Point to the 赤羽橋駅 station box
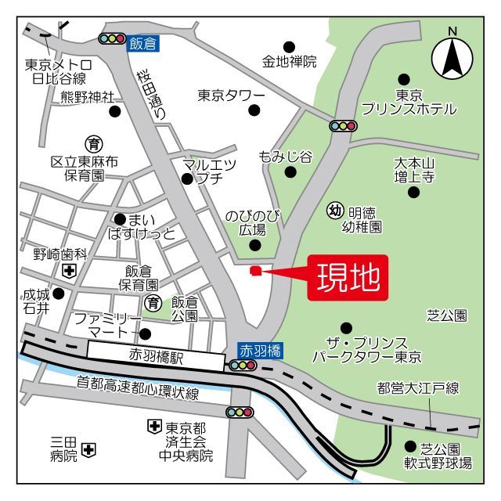(x=156, y=357)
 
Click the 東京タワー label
(x=231, y=96)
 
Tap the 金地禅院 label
(x=289, y=61)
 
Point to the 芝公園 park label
(x=446, y=315)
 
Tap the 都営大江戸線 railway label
(x=417, y=387)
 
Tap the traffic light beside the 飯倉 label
(x=113, y=38)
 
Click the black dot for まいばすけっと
(x=119, y=219)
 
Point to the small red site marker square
(x=254, y=271)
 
